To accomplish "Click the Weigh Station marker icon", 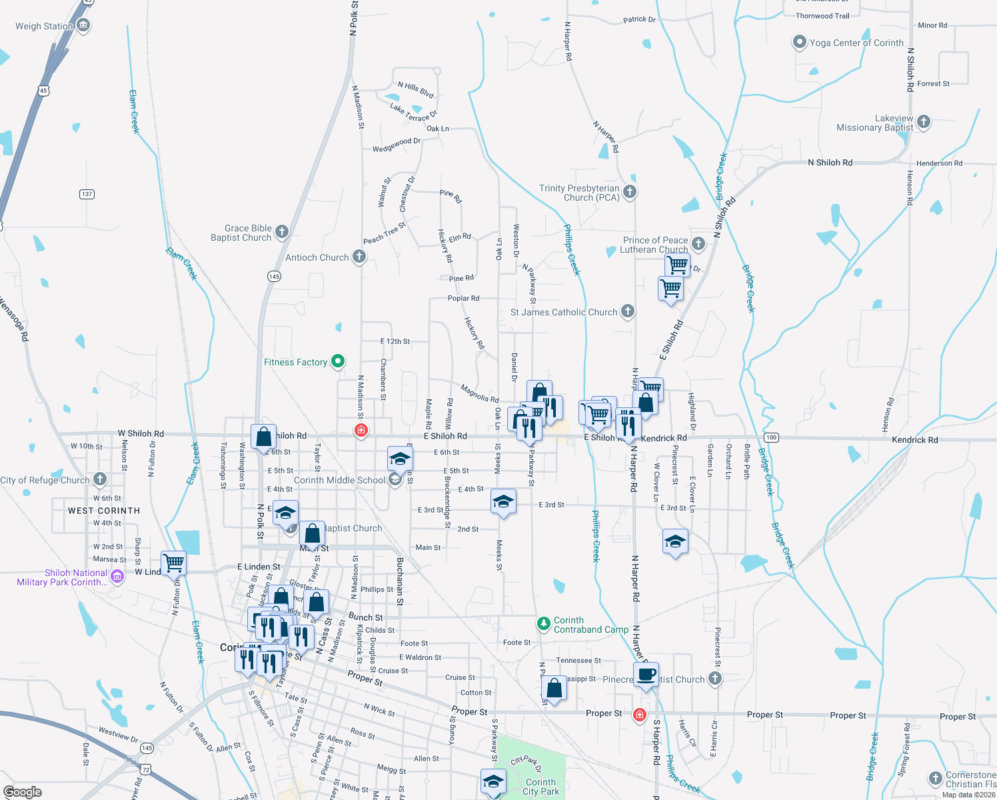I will pyautogui.click(x=83, y=26).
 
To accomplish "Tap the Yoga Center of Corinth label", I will pyautogui.click(x=856, y=43).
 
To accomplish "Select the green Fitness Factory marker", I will pyautogui.click(x=338, y=361).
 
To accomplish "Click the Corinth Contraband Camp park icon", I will pyautogui.click(x=544, y=624).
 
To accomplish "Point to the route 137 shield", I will pyautogui.click(x=87, y=194).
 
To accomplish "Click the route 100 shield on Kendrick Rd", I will pyautogui.click(x=771, y=437).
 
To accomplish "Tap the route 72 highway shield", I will pyautogui.click(x=145, y=769).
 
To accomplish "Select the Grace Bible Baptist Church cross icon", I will pyautogui.click(x=282, y=232).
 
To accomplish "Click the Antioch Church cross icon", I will pyautogui.click(x=359, y=257).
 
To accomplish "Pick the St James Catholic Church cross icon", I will pyautogui.click(x=627, y=311).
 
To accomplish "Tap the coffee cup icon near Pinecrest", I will pyautogui.click(x=646, y=674).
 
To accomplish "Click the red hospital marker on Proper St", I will pyautogui.click(x=640, y=715).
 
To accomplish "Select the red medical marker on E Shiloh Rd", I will pyautogui.click(x=361, y=431).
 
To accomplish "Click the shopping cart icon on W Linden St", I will pyautogui.click(x=174, y=563).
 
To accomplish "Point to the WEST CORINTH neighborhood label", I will pyautogui.click(x=104, y=511).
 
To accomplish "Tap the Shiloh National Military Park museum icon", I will pyautogui.click(x=117, y=577).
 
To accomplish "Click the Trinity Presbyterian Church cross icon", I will pyautogui.click(x=630, y=192).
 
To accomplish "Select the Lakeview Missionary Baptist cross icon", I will pyautogui.click(x=924, y=121).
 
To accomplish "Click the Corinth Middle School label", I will pyautogui.click(x=339, y=480).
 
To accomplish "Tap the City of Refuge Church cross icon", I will pyautogui.click(x=100, y=479).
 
